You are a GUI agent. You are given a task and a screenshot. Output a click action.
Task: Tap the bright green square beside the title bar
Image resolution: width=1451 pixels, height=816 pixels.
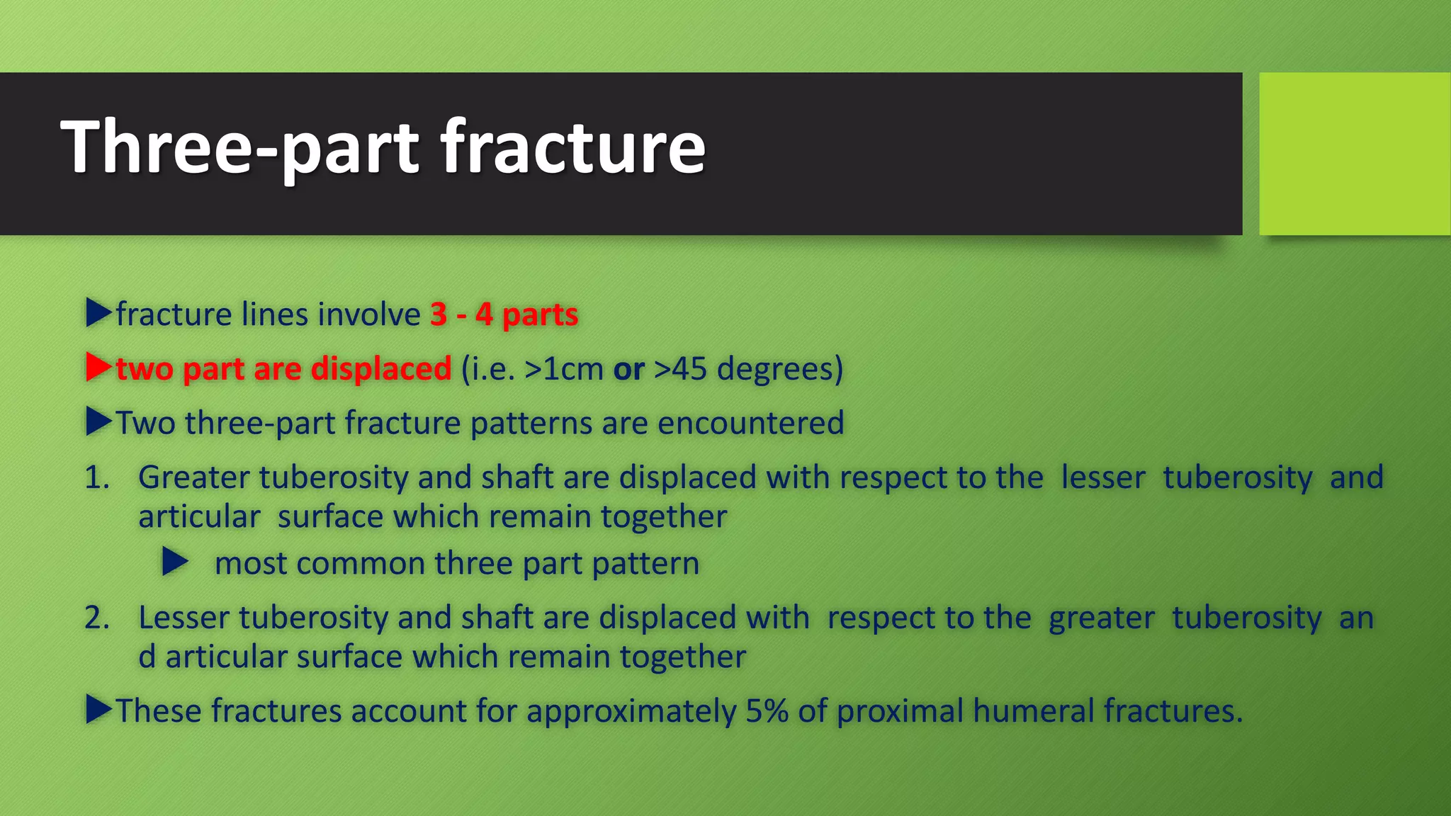coord(1354,154)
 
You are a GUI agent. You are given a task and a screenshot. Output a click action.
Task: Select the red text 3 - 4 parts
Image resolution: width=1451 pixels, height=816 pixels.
coord(504,314)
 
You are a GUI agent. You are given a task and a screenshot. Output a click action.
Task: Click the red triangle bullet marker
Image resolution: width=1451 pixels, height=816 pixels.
coord(98,368)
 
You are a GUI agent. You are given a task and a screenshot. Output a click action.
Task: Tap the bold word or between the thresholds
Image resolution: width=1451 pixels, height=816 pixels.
coord(628,369)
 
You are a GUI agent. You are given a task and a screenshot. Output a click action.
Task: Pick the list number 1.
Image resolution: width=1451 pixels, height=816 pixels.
coord(96,477)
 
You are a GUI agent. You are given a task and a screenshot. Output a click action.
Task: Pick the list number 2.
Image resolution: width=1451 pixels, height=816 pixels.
coord(96,618)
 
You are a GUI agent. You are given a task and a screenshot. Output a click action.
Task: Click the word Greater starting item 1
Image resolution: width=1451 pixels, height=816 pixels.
coord(193,477)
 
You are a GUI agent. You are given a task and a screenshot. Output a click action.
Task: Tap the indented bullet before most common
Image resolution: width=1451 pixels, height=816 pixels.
coord(174,562)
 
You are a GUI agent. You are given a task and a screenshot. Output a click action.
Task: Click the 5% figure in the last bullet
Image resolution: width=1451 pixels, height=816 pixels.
coord(767,710)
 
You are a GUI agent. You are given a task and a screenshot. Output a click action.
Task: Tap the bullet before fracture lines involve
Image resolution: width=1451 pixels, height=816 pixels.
coord(98,313)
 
